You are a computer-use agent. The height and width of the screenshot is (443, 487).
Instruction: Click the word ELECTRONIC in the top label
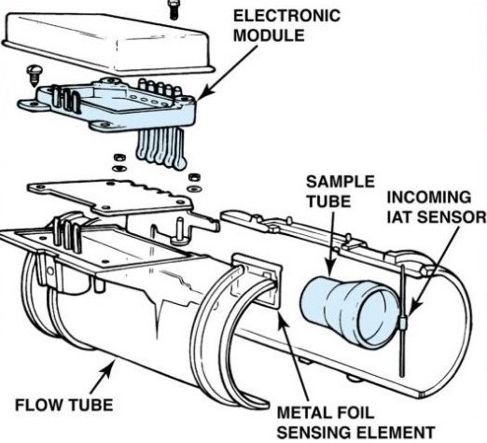[x=286, y=16]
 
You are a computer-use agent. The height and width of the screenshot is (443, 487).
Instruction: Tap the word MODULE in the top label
[x=269, y=35]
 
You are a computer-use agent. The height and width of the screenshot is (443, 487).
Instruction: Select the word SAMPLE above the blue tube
[x=341, y=182]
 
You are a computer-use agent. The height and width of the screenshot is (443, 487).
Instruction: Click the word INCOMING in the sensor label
[x=429, y=198]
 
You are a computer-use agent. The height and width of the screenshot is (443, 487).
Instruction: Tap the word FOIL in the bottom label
[x=354, y=412]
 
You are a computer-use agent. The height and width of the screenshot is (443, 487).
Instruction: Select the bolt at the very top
[x=174, y=9]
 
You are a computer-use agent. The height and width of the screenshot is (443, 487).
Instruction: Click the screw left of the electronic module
[x=33, y=76]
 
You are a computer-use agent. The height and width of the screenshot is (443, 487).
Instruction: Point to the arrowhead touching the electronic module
[x=202, y=93]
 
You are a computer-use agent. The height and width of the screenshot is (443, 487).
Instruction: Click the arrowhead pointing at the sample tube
[x=330, y=268]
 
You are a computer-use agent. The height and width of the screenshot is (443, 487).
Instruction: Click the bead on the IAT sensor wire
[x=404, y=320]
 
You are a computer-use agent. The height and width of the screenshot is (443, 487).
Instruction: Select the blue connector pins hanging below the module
[x=160, y=148]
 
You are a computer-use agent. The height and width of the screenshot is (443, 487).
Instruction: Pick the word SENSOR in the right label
[x=451, y=216]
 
